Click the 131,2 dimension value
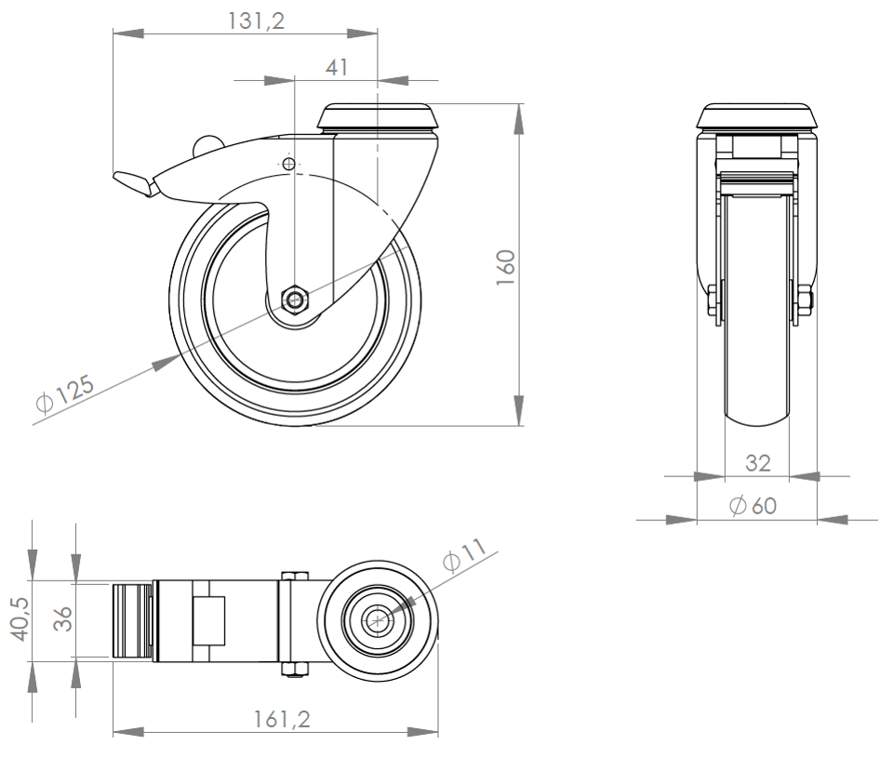click(256, 21)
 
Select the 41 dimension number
click(337, 67)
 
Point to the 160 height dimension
click(506, 268)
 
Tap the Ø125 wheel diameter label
click(64, 393)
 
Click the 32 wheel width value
click(757, 463)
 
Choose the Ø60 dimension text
click(753, 505)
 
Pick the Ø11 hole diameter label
click(464, 553)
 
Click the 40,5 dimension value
click(21, 619)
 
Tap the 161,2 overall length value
click(282, 719)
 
